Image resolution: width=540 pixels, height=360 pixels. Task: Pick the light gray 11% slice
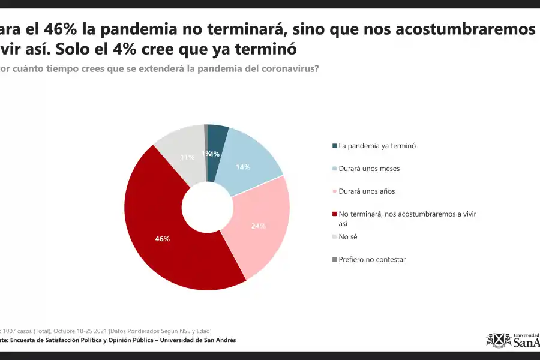coord(183,153)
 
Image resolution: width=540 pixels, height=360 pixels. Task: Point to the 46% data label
coord(162,239)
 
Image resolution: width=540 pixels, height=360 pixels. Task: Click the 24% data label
coord(259,226)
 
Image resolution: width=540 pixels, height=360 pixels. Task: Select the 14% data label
coord(243,167)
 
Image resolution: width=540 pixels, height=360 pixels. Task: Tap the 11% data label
coord(187,158)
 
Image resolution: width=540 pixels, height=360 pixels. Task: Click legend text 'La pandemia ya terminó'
coord(377,146)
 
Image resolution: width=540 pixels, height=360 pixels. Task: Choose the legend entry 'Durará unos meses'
coord(368,169)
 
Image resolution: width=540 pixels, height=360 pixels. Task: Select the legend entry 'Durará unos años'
coord(367,191)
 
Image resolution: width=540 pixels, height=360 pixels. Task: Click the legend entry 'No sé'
coord(348,237)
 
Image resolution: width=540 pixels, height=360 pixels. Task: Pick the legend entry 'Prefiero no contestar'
coord(372,260)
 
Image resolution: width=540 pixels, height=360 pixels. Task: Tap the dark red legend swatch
coord(334,214)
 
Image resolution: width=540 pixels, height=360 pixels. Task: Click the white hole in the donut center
coord(207,207)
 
